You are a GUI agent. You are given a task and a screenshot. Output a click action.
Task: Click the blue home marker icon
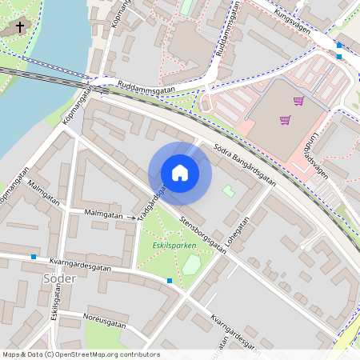coord(180,173)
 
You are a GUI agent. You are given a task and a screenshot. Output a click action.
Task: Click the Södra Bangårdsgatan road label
coord(246,165)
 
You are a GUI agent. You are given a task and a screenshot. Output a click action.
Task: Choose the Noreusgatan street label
coord(103,323)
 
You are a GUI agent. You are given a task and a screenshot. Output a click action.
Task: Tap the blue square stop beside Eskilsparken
coord(170,281)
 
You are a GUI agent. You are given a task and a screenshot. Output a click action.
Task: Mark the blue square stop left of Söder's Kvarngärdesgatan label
coord(34,257)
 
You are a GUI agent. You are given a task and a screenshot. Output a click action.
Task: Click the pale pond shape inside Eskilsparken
coord(190,264)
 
